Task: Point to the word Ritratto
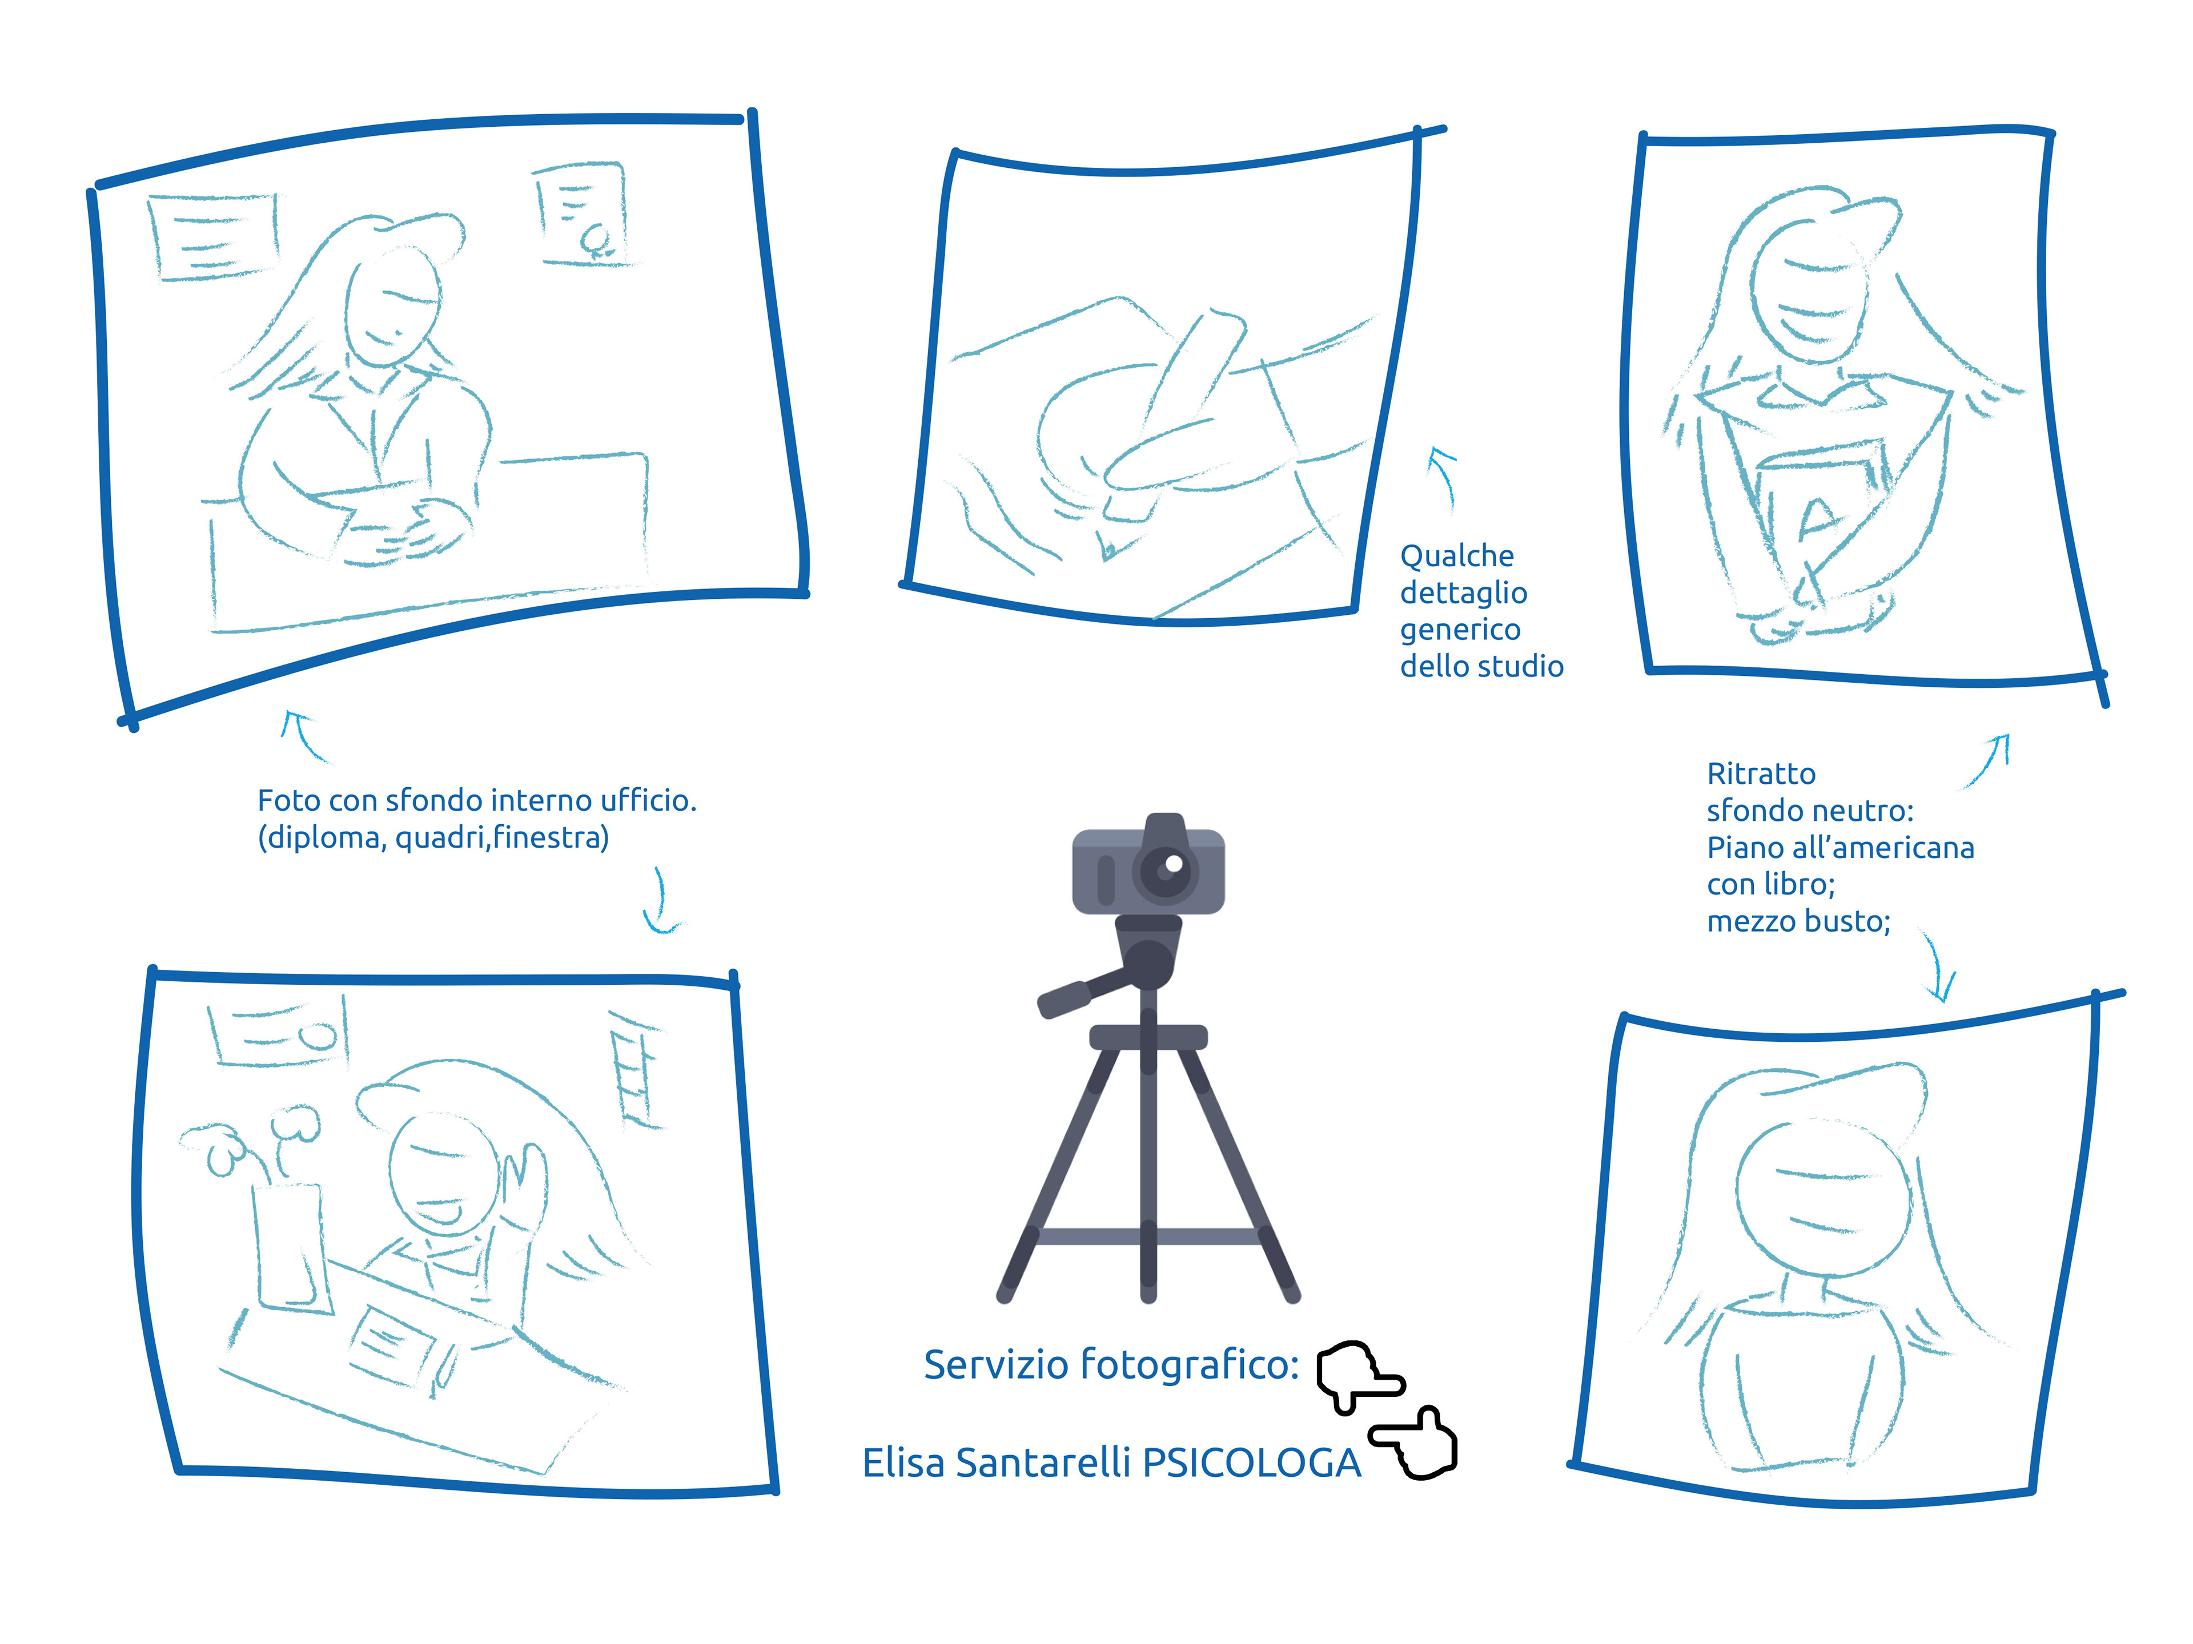click(1761, 774)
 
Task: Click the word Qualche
click(1456, 556)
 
